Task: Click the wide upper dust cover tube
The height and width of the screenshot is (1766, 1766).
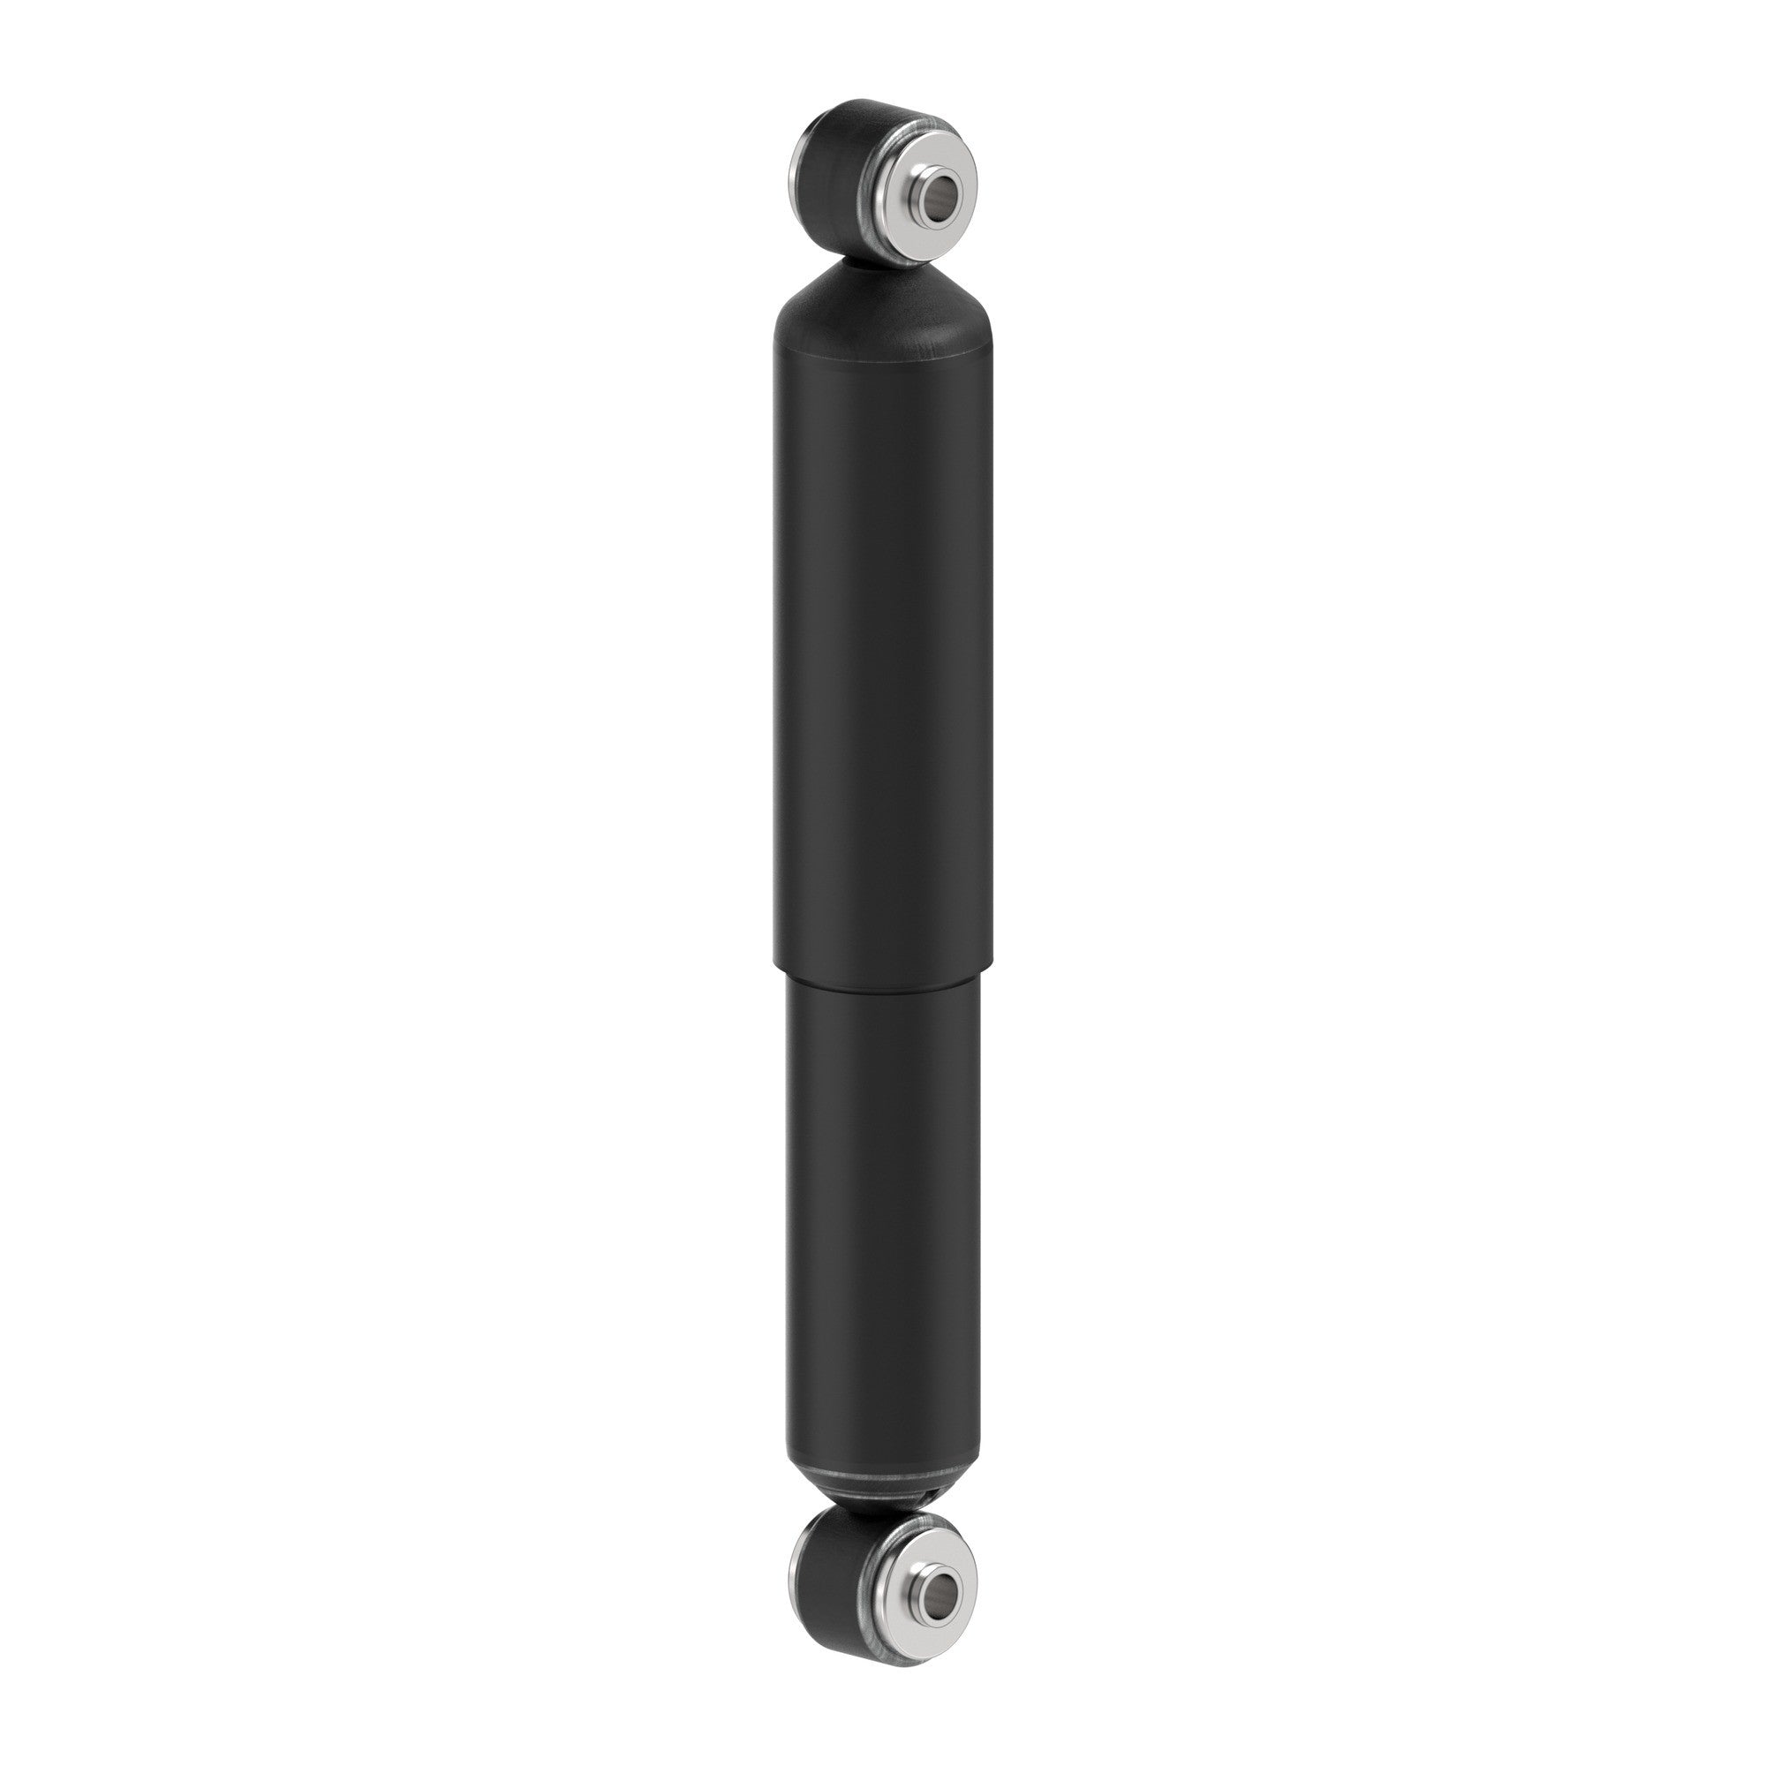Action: (x=883, y=640)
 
